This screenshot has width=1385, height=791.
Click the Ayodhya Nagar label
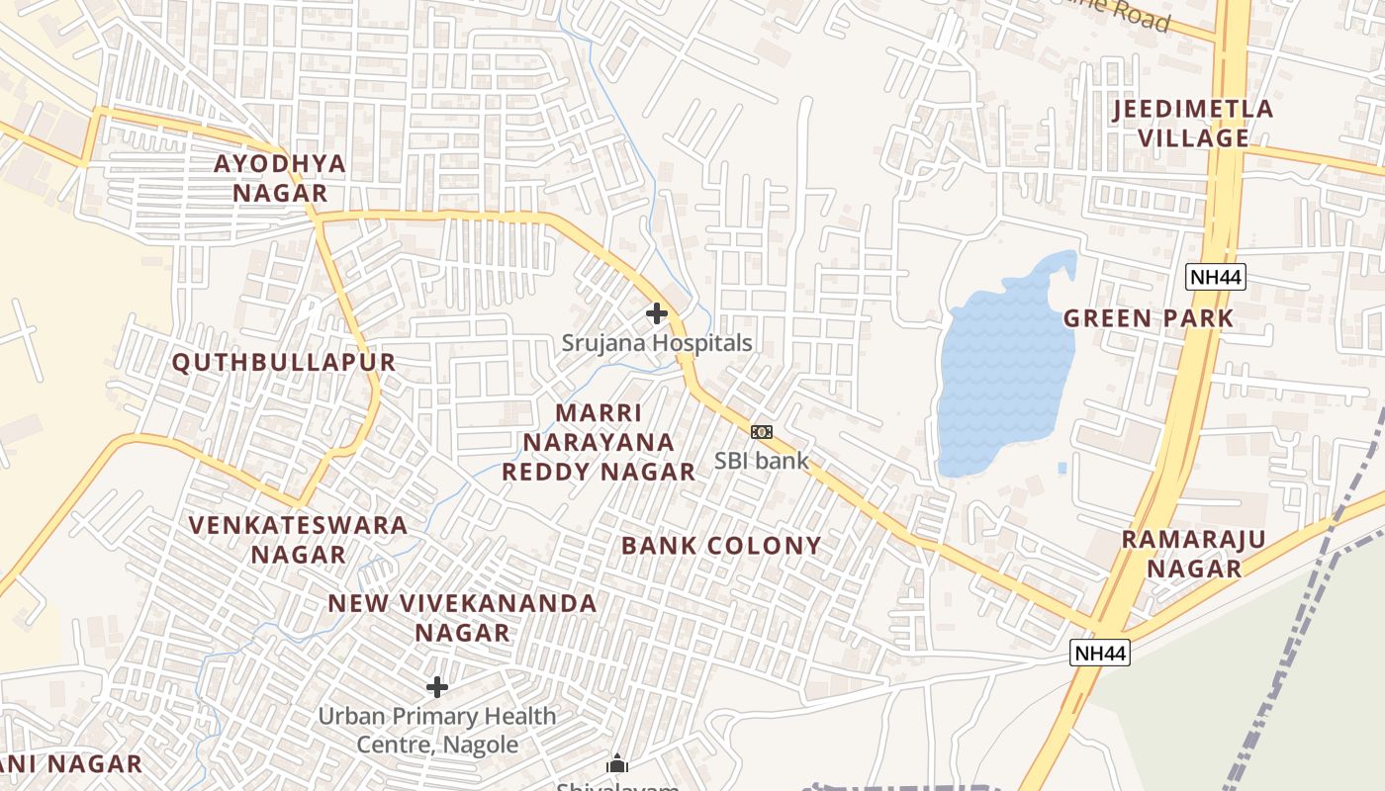point(280,178)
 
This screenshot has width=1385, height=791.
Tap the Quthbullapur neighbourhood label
point(284,363)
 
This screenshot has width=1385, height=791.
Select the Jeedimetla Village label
point(1193,124)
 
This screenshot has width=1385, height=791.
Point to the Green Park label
point(1149,318)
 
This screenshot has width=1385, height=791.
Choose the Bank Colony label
point(721,546)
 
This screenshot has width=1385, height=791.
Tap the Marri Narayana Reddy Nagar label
point(599,442)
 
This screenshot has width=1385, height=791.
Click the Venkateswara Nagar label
point(298,539)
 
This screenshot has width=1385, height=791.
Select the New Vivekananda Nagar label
point(462,617)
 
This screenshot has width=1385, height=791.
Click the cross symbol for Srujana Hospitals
point(656,313)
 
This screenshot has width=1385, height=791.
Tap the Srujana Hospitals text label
point(657,343)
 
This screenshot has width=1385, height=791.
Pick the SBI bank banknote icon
point(761,432)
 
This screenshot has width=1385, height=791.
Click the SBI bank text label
point(762,460)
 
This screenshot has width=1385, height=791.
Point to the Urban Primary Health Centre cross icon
point(437,686)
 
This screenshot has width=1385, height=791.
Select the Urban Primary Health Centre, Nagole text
point(437,730)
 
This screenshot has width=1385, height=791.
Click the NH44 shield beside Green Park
point(1215,277)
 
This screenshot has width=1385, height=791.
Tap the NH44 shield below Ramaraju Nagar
point(1099,653)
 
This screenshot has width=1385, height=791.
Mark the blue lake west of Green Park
point(1004,376)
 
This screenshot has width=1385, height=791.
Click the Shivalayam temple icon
point(617,763)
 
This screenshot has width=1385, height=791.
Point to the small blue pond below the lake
point(1062,467)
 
